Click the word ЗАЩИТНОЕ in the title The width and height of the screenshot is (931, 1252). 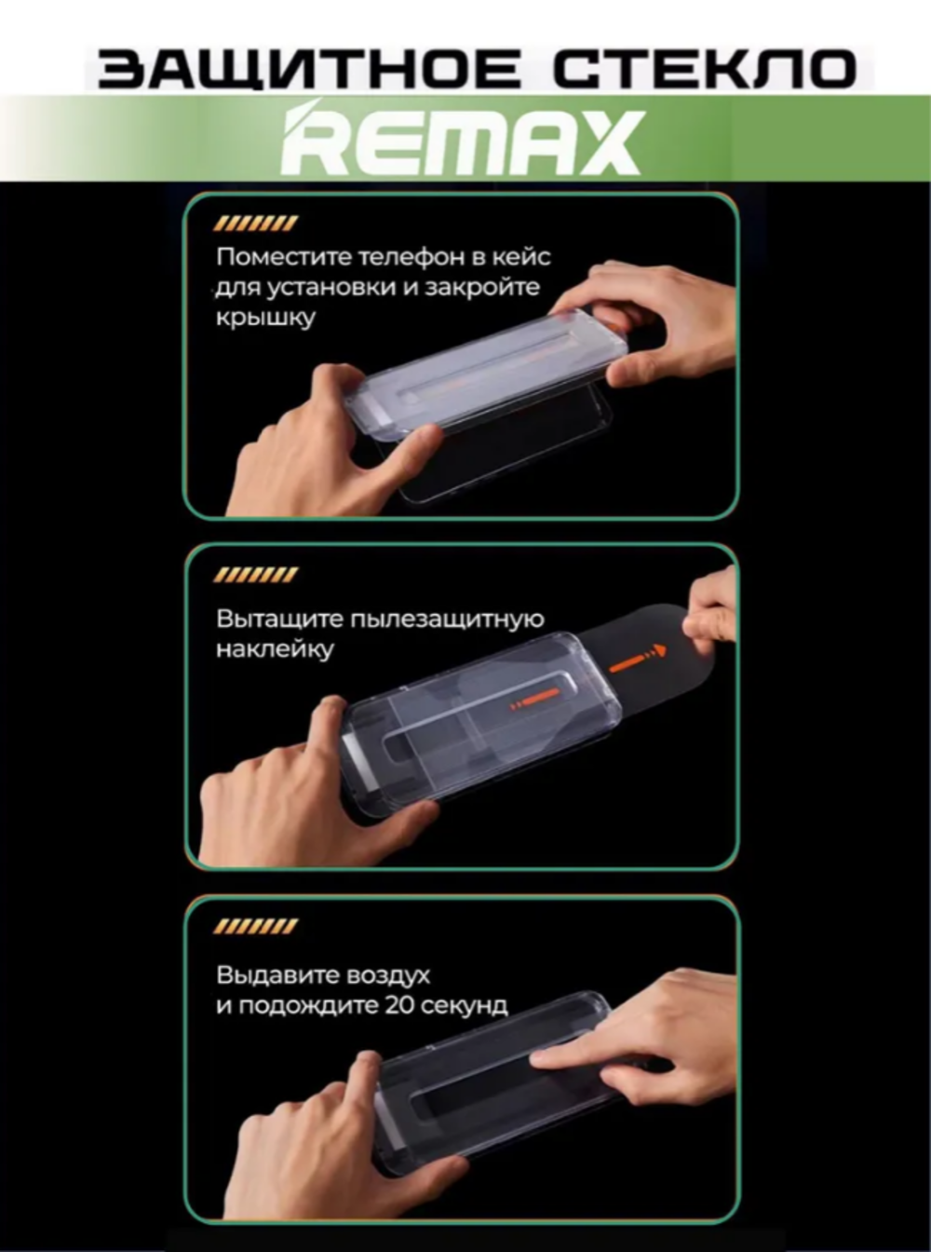point(308,70)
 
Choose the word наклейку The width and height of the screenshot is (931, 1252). point(275,649)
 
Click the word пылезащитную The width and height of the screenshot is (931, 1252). point(447,620)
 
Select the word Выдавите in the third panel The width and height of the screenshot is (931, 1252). point(277,974)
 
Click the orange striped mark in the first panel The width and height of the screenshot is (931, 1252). point(255,225)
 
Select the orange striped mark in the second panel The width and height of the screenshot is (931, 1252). point(255,575)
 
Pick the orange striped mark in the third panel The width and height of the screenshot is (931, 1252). point(255,926)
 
